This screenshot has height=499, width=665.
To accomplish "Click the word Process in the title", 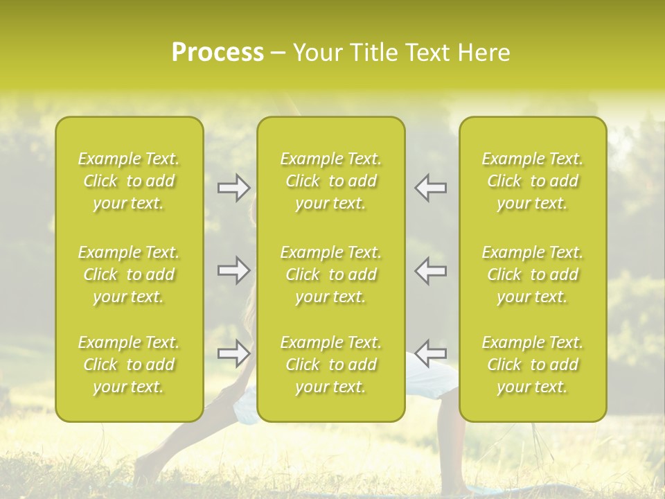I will tap(218, 53).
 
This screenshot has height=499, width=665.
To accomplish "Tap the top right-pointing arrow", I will tap(233, 186).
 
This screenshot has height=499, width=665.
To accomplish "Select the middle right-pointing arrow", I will tap(233, 270).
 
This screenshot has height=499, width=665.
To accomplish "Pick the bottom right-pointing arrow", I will tap(233, 353).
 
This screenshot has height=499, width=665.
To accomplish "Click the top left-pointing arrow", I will tap(431, 188).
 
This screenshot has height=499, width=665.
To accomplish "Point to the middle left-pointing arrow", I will tap(431, 270).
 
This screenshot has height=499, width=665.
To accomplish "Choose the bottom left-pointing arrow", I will tap(431, 353).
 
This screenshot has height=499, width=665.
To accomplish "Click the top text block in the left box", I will tap(129, 181).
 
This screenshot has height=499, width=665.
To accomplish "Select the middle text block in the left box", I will tap(129, 274).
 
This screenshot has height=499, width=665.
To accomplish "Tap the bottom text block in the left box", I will tap(129, 365).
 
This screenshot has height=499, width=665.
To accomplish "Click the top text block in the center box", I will tap(331, 181).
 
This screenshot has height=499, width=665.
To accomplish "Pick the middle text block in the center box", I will tap(331, 274).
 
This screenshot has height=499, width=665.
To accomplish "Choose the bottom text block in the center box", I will tap(331, 365).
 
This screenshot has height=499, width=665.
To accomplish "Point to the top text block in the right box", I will tap(533, 181).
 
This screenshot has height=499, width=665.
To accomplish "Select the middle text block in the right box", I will tap(533, 274).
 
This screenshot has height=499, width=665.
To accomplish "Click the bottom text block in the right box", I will tap(533, 365).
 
